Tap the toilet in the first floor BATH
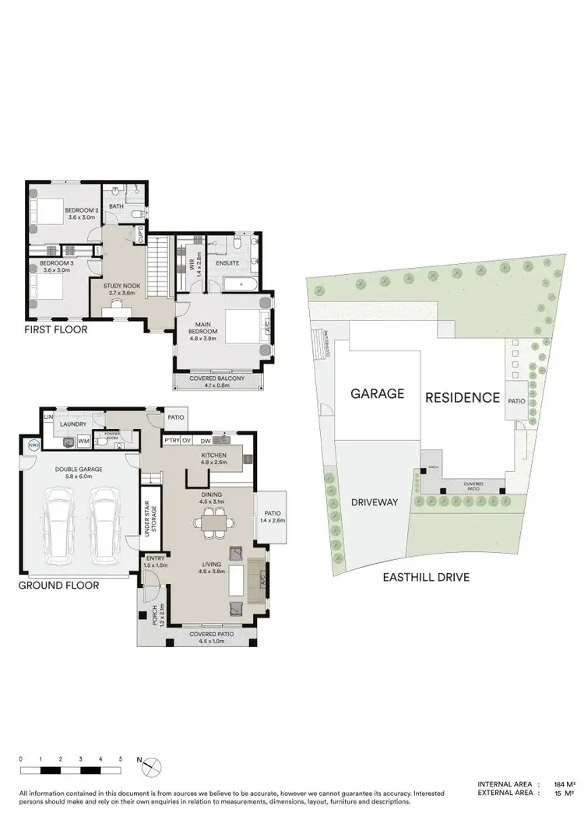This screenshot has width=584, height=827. (x=135, y=213)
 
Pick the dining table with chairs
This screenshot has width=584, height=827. (x=212, y=523)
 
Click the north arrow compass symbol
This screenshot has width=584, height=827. (x=142, y=762)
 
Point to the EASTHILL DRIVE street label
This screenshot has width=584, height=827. (x=425, y=577)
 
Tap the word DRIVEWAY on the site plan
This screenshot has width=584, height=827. (x=375, y=502)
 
